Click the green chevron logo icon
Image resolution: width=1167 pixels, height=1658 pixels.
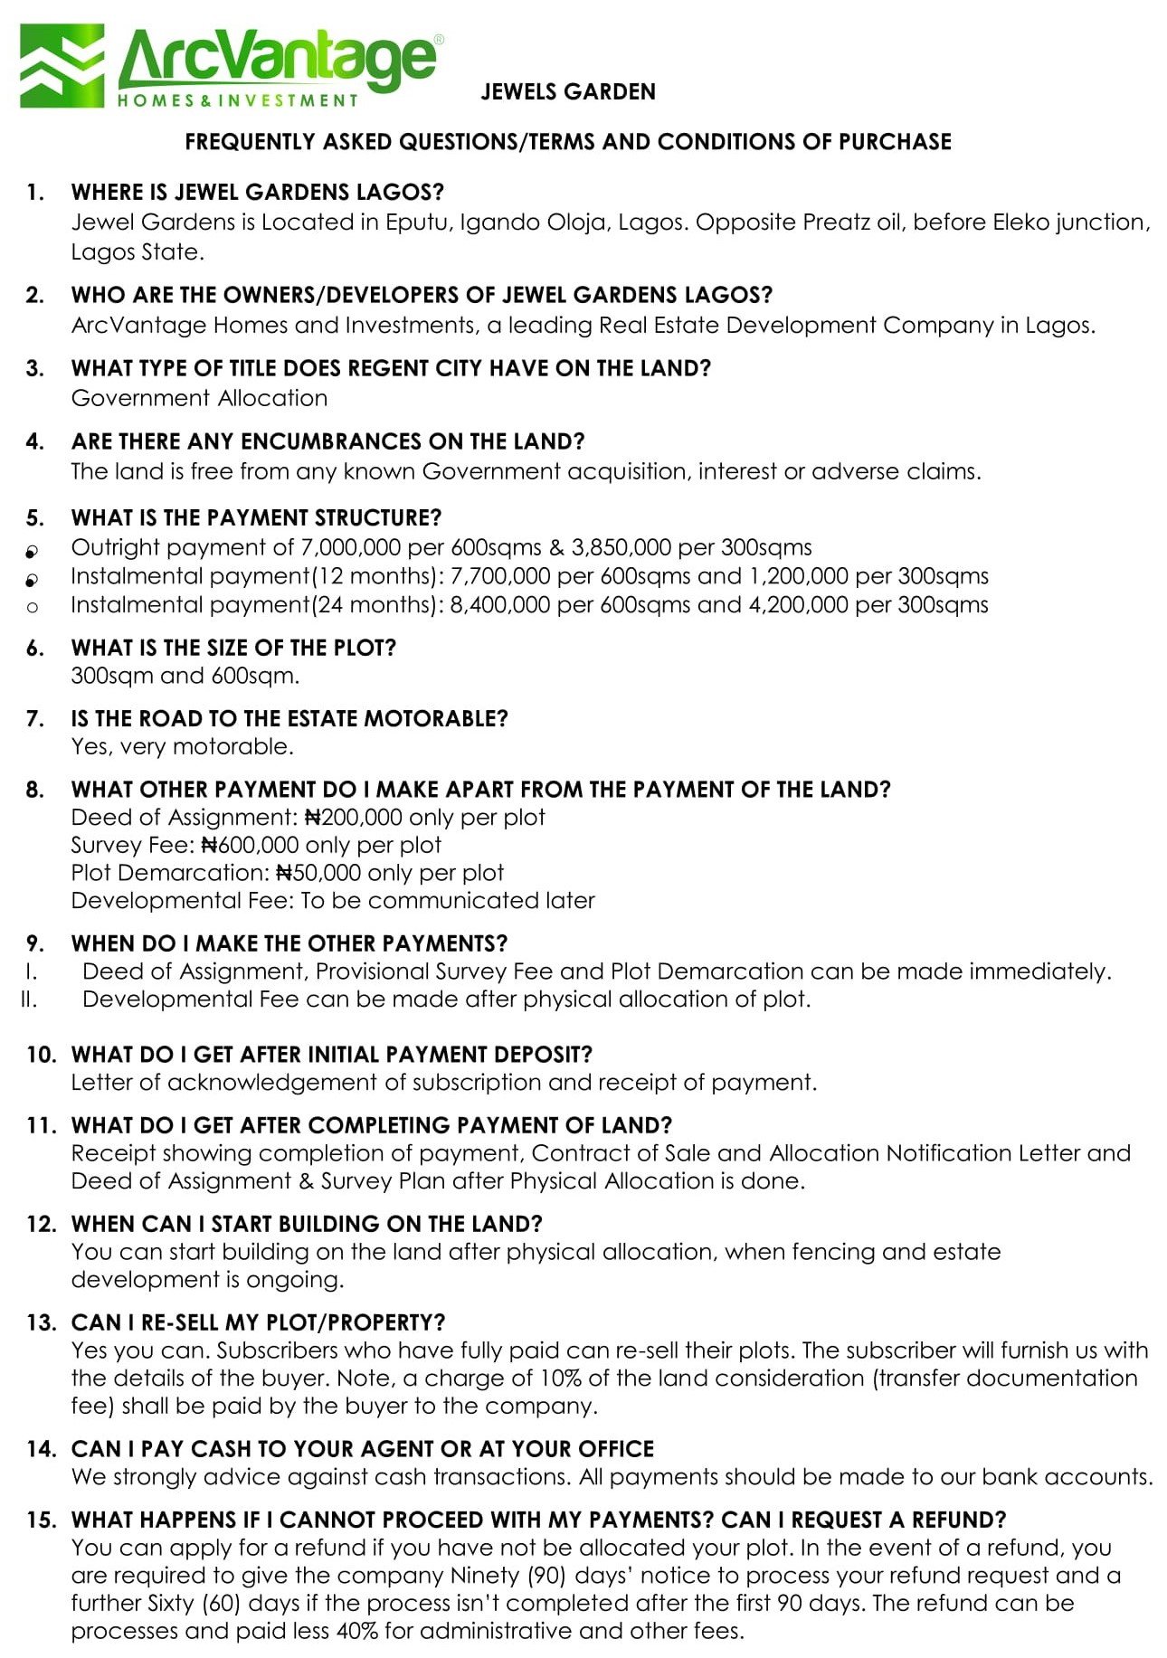click(x=62, y=67)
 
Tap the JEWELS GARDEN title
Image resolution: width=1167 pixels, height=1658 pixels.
click(x=568, y=91)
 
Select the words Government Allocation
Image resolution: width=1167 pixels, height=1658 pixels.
click(x=199, y=398)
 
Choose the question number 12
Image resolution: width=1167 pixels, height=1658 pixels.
click(x=41, y=1224)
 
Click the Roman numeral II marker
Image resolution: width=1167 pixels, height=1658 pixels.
click(x=29, y=999)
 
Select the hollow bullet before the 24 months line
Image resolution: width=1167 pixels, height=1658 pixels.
click(x=33, y=607)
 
